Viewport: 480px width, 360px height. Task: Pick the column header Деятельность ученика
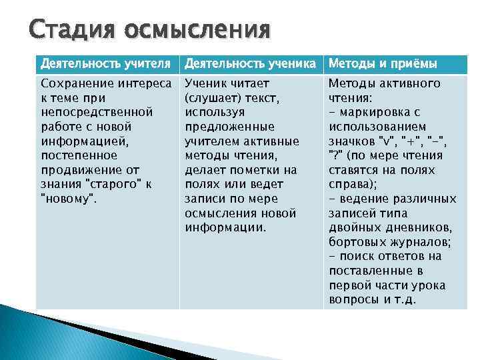click(250, 64)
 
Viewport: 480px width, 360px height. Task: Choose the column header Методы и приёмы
click(383, 64)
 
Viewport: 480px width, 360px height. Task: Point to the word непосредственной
click(97, 112)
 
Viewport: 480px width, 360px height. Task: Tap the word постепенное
click(79, 155)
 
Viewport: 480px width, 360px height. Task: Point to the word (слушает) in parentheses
click(211, 98)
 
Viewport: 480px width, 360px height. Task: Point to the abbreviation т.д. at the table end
click(405, 299)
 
